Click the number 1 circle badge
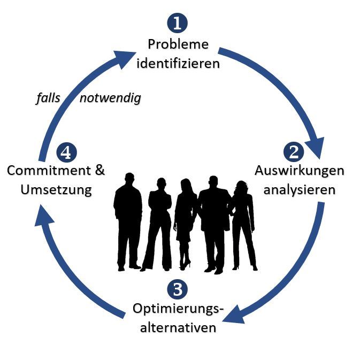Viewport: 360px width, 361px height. pyautogui.click(x=178, y=24)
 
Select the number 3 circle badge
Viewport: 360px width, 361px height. pyautogui.click(x=178, y=290)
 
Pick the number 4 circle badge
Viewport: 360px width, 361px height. pyautogui.click(x=66, y=152)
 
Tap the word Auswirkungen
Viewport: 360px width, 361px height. pyautogui.click(x=299, y=171)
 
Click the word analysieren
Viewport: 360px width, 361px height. pyautogui.click(x=299, y=189)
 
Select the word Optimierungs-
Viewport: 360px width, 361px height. pyautogui.click(x=178, y=309)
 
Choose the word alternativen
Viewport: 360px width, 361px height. pyautogui.click(x=178, y=327)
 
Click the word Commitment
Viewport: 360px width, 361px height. pyautogui.click(x=45, y=171)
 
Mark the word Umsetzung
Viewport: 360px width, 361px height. pyautogui.click(x=56, y=189)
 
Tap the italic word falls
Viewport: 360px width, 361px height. pyautogui.click(x=48, y=98)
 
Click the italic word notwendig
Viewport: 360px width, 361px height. pyautogui.click(x=110, y=98)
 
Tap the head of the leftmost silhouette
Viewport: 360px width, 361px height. pyautogui.click(x=129, y=179)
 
